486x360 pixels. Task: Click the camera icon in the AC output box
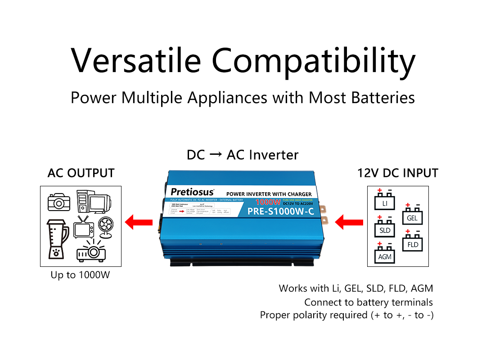coord(59,202)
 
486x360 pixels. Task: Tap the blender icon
coord(57,238)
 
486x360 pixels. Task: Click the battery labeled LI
coord(385,201)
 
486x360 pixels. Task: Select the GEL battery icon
coord(412,216)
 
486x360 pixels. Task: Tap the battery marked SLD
coord(385,228)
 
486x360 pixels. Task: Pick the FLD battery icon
coord(413,242)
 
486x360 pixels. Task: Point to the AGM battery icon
coord(385,254)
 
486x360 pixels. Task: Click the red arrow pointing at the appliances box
coord(136,222)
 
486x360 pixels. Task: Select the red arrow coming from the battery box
coord(350,222)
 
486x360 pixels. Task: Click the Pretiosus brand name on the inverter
coord(192,192)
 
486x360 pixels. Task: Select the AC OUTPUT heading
coord(81,173)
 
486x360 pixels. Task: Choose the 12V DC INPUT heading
coord(398,173)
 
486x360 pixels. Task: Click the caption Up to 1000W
coord(80,274)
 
